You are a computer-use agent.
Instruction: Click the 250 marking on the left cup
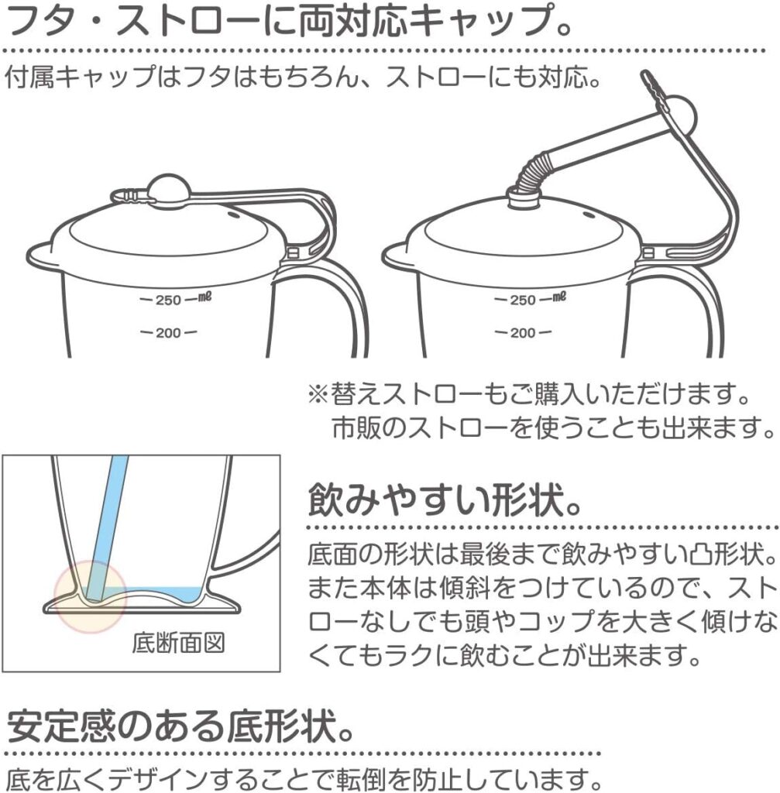168,300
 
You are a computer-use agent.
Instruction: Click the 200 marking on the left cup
168,333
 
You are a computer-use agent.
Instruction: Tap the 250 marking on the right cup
523,300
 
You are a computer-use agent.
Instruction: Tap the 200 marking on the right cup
523,333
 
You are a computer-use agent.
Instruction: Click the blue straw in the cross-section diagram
104,526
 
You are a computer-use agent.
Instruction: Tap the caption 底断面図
177,644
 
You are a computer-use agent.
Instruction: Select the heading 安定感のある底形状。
180,726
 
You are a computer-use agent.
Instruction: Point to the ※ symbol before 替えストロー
319,395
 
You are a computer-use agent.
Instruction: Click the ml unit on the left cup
204,297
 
